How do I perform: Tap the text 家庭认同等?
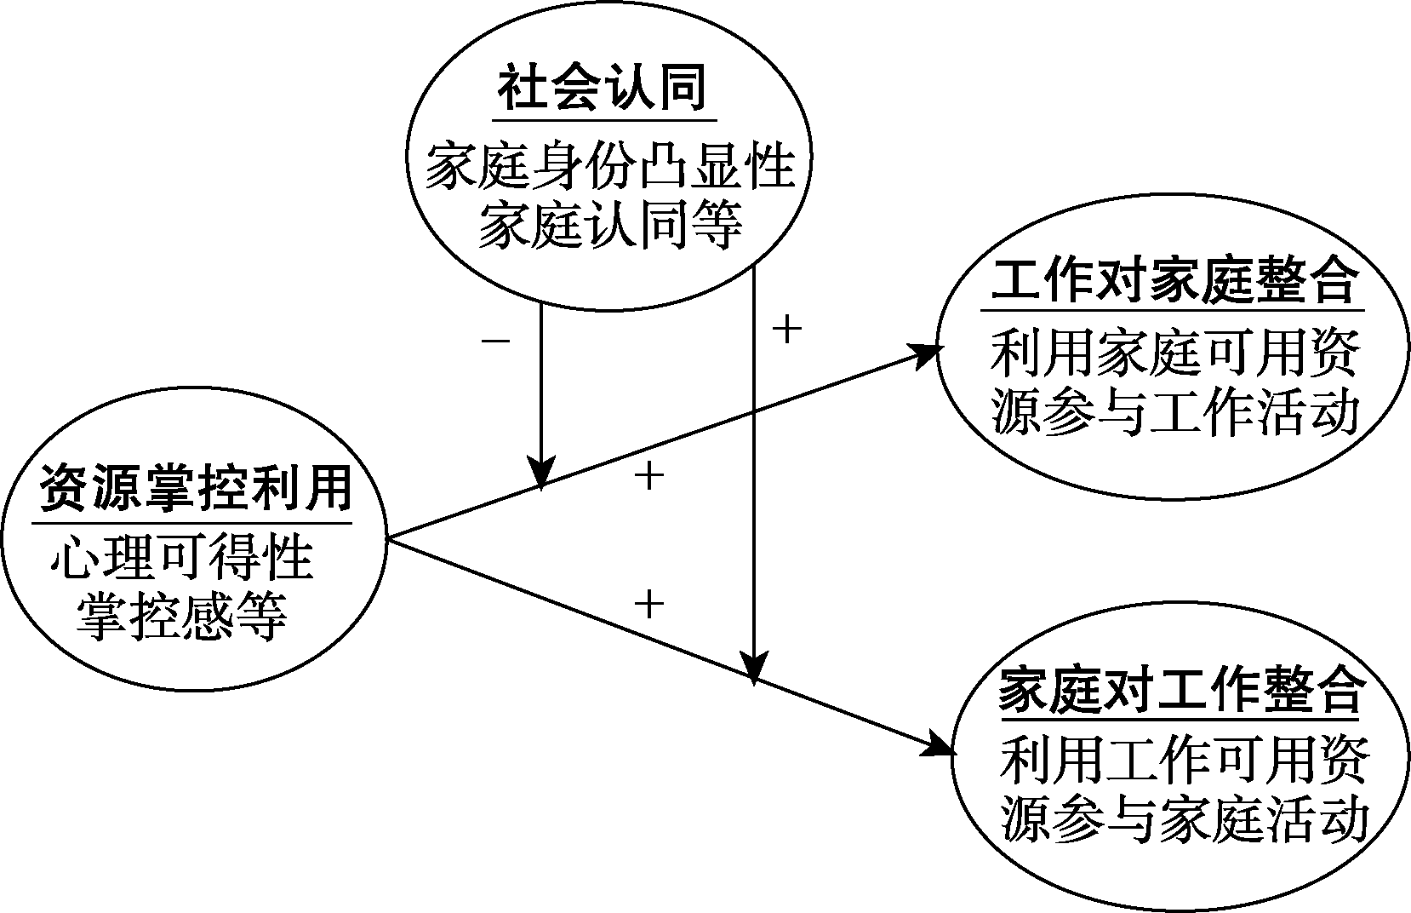click(x=609, y=225)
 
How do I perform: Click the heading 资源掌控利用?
click(x=195, y=489)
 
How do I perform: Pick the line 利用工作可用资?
click(x=1184, y=761)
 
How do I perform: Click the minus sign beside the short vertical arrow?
click(x=495, y=342)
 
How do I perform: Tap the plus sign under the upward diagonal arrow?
click(x=648, y=475)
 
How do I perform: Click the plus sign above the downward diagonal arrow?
click(x=648, y=605)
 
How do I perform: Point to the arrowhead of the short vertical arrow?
click(x=541, y=473)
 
